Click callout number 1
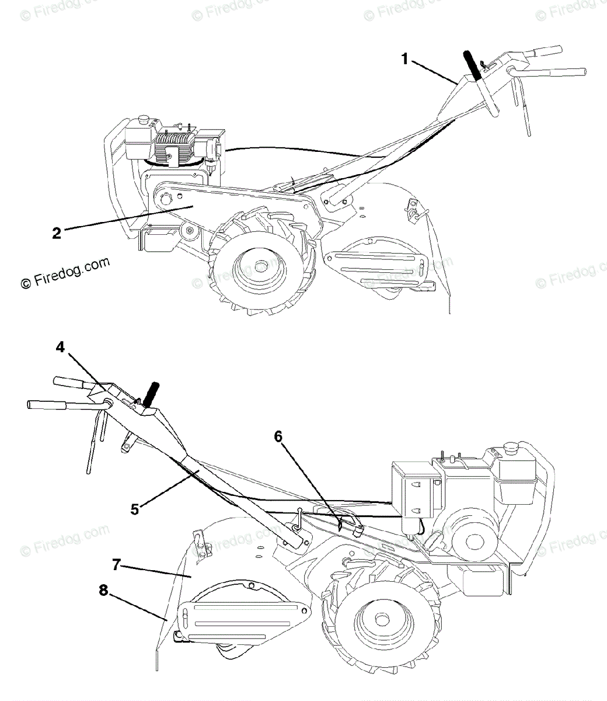point(406,58)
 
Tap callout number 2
point(57,233)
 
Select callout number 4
point(60,346)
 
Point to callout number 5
point(135,509)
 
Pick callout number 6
point(278,436)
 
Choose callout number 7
point(116,564)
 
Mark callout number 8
point(103,591)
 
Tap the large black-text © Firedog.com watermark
point(65,273)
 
